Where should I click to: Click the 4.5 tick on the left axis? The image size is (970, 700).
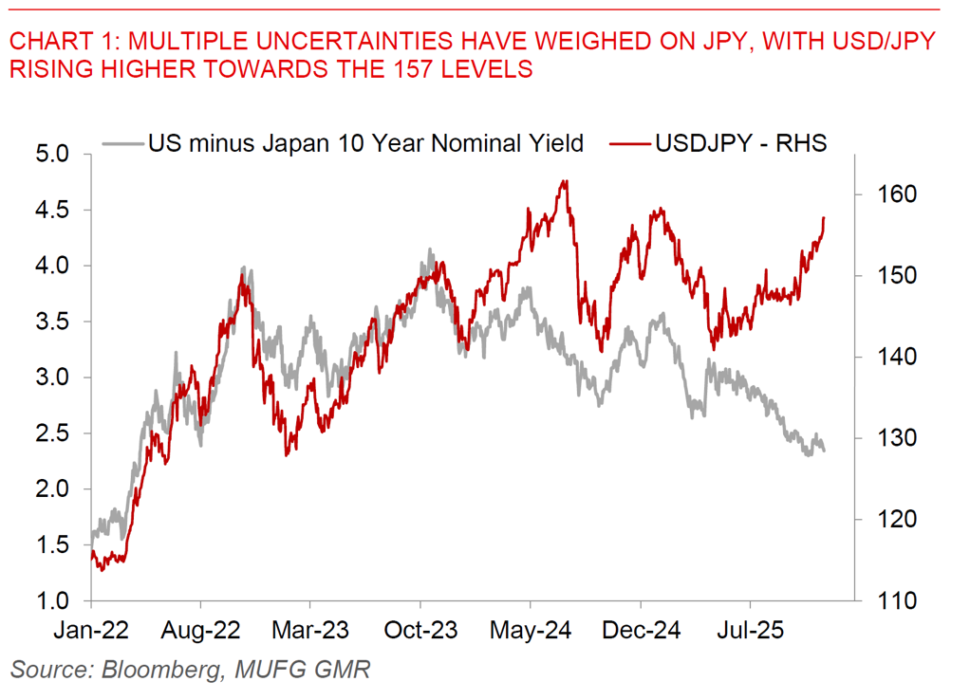coord(59,210)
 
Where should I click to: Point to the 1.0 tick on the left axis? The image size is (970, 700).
coord(59,601)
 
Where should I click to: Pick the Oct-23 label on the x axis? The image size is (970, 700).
coord(420,631)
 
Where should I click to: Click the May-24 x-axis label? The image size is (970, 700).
coord(531,631)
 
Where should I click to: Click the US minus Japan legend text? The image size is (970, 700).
coord(365,143)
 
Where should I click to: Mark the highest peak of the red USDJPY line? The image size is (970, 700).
coord(566,180)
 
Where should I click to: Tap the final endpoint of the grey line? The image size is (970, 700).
coord(824,451)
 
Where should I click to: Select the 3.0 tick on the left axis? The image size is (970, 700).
coord(59,378)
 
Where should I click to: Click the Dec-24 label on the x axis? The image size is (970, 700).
coord(641,631)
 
